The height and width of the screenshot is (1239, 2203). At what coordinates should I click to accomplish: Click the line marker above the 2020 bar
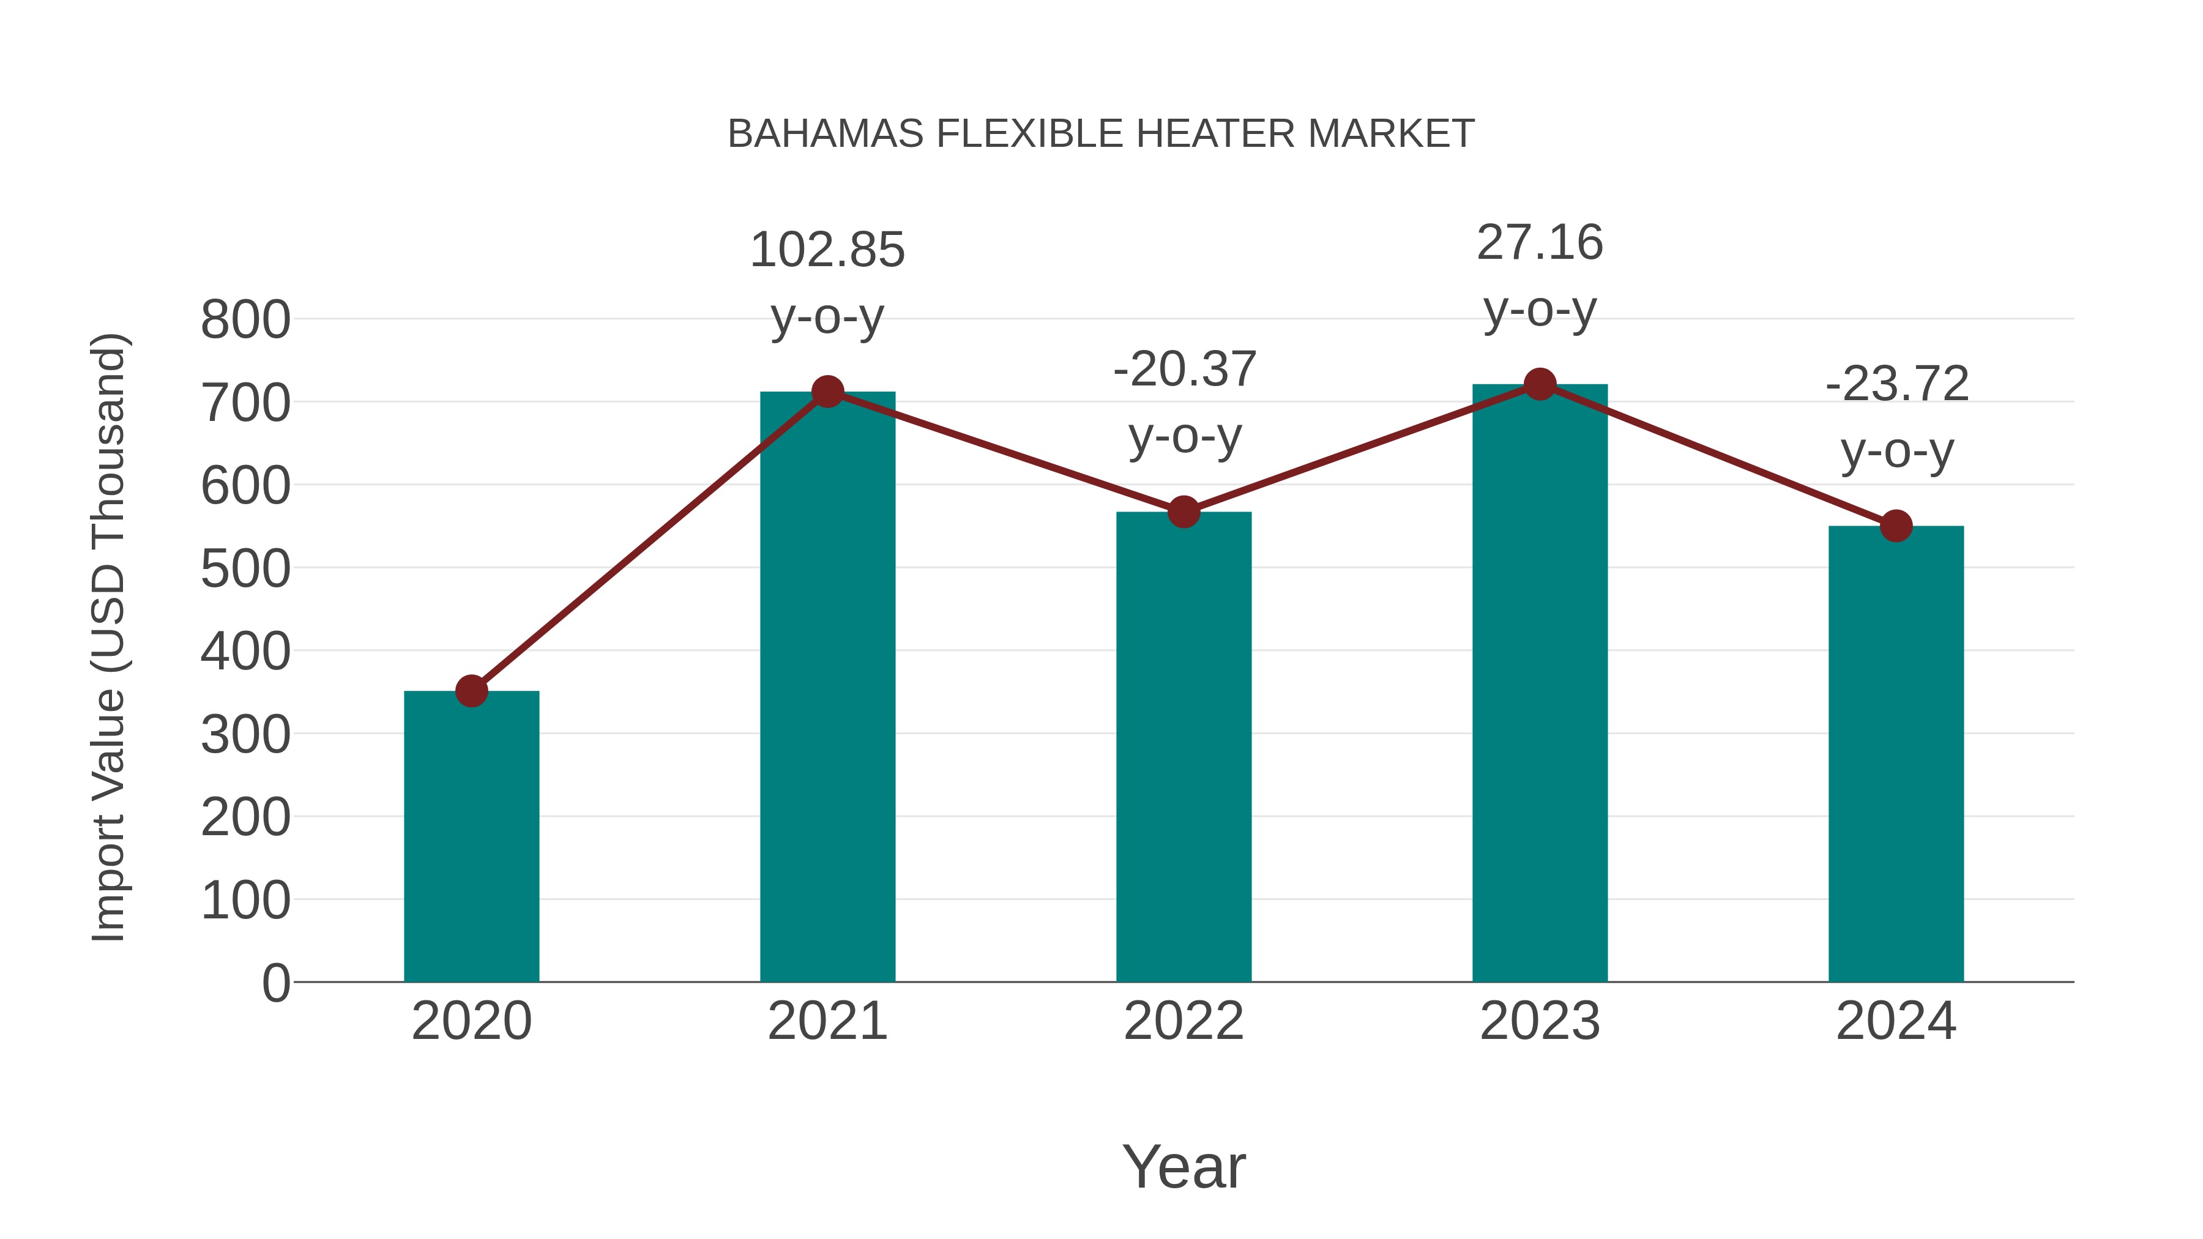471,691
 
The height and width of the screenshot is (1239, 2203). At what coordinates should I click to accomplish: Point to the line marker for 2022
1184,512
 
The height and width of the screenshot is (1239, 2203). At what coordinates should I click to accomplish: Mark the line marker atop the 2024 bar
1896,526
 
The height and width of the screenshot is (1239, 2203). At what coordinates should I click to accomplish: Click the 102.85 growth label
827,250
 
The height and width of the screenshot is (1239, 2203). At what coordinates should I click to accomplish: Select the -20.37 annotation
1185,370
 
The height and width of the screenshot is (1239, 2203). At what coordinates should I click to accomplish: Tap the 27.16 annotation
1540,243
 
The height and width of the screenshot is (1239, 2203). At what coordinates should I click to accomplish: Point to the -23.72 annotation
1897,384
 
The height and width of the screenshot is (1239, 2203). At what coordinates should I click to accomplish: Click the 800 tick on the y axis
245,321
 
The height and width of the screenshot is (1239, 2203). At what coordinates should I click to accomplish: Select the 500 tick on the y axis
245,570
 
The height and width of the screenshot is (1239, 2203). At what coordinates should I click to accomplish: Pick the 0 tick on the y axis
275,983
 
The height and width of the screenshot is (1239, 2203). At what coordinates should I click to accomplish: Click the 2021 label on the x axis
827,1021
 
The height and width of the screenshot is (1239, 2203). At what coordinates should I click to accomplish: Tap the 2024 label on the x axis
1896,1021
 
